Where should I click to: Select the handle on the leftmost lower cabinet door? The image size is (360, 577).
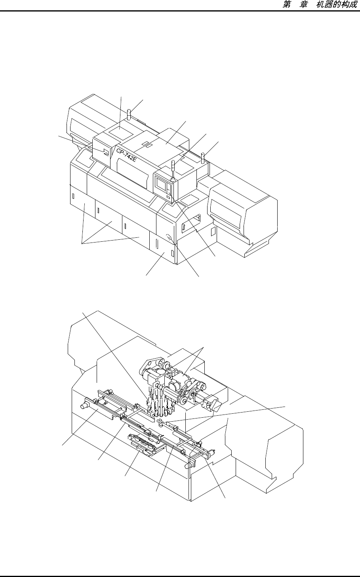click(x=73, y=196)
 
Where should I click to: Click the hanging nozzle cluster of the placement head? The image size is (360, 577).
click(x=158, y=400)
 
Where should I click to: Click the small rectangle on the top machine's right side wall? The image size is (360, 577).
click(x=212, y=230)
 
